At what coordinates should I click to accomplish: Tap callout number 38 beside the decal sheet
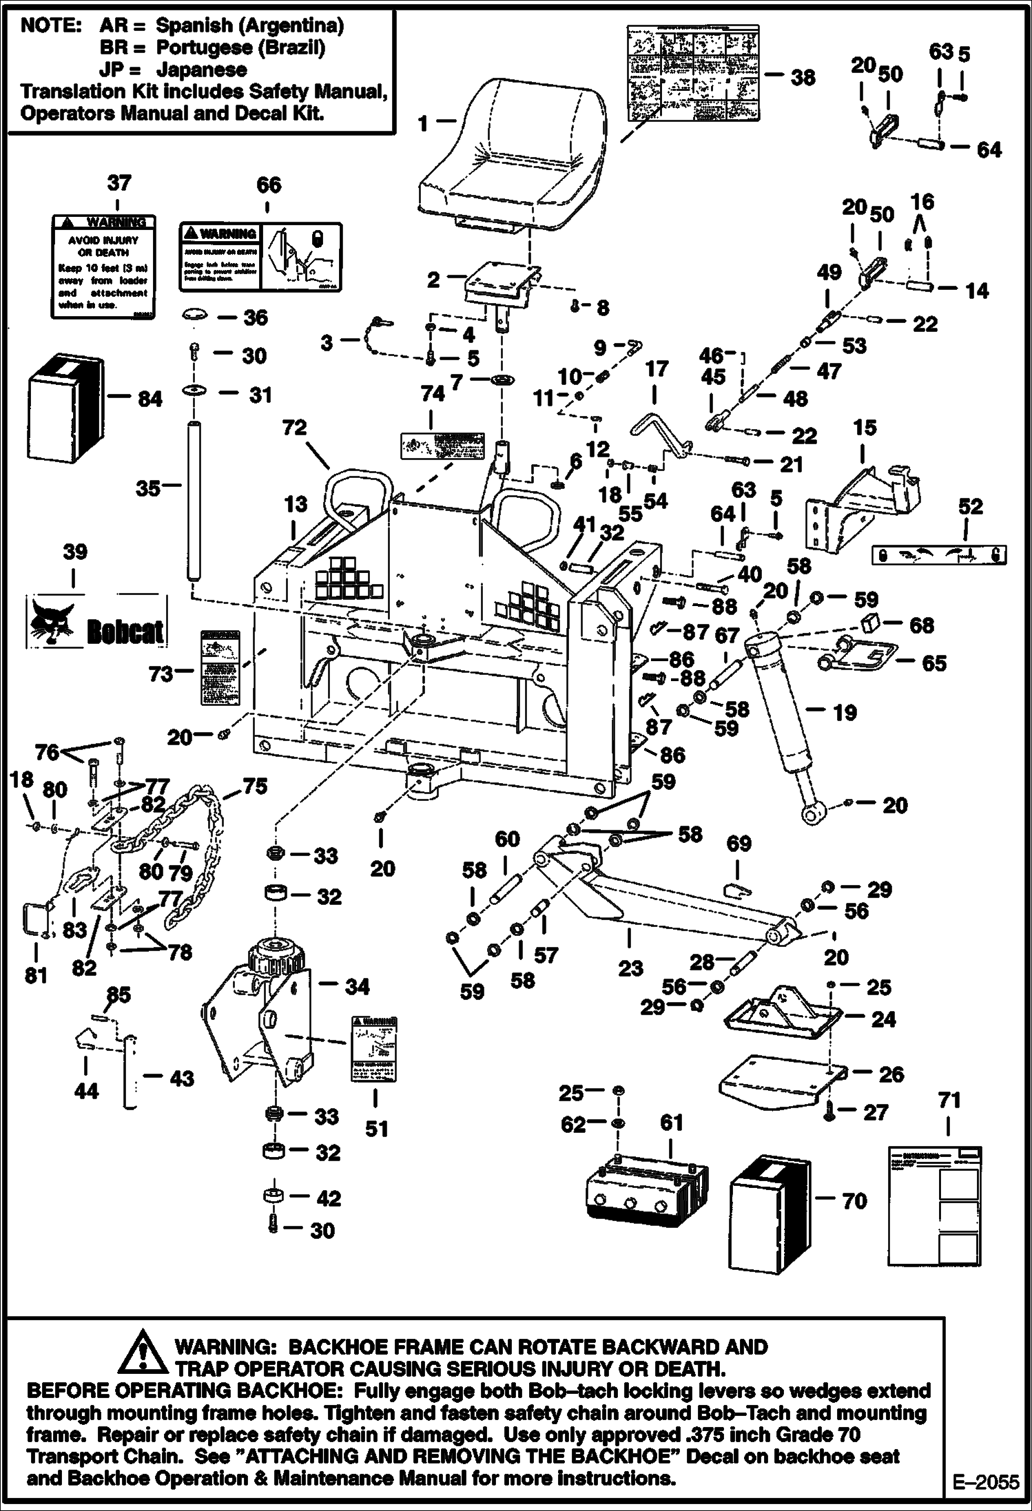point(803,77)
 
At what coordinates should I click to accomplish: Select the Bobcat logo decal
point(97,622)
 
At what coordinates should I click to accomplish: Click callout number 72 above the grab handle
point(294,428)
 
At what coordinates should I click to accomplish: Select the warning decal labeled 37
point(103,267)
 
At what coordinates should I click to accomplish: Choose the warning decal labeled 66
point(260,256)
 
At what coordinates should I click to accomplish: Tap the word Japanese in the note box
point(201,70)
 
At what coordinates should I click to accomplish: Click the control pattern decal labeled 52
point(939,555)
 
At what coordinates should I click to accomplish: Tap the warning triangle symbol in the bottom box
point(143,1349)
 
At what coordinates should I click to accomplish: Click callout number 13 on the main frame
point(296,505)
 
